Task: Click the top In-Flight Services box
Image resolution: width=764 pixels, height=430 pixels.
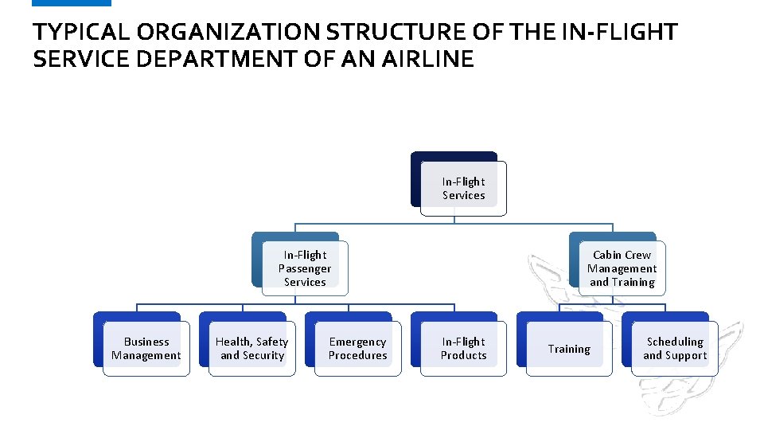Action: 463,189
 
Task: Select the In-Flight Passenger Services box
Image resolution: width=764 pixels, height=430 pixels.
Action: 305,268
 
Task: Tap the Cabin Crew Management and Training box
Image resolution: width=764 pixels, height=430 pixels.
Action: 622,268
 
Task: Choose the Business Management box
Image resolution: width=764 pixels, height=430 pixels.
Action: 146,349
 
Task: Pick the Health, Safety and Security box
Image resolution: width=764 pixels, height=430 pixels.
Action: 251,349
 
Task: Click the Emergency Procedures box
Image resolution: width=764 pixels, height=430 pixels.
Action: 358,349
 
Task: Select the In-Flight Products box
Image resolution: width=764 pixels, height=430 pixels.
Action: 463,349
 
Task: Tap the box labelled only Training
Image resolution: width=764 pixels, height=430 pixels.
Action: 569,349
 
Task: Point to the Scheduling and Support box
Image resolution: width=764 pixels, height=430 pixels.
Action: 675,349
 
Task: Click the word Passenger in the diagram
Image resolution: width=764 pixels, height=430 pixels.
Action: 305,268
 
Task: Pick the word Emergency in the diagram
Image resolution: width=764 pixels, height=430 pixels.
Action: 358,342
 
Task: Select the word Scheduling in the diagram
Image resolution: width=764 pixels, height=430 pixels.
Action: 675,342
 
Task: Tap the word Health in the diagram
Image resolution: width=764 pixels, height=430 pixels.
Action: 233,342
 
